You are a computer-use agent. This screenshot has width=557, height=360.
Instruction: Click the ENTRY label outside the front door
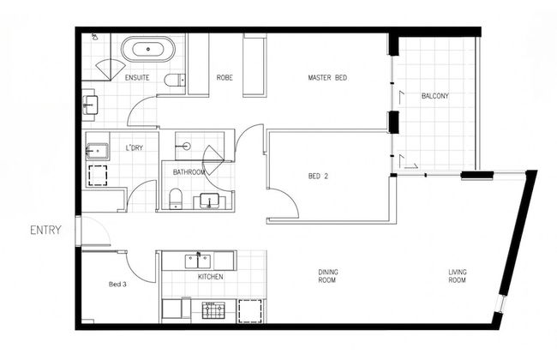tap(45, 231)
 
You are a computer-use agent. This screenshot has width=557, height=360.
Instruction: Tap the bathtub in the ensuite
tap(148, 49)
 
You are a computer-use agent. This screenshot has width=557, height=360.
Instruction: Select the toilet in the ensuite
tap(175, 80)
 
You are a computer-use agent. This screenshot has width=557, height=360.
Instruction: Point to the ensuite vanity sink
tap(90, 105)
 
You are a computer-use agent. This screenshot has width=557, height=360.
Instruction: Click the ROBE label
tap(225, 77)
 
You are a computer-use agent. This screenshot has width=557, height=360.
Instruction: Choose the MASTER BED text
tap(327, 77)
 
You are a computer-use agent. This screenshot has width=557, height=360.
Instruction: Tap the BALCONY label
tap(435, 96)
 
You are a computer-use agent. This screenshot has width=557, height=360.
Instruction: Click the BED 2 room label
tap(318, 176)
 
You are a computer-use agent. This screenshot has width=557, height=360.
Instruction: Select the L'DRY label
tap(135, 147)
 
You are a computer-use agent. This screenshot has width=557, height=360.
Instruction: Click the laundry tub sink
tap(97, 152)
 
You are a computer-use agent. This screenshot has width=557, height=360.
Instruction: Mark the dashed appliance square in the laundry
tap(98, 175)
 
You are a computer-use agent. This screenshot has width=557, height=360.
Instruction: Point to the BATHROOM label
tap(189, 172)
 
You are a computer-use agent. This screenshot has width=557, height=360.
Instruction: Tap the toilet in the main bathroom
tap(175, 198)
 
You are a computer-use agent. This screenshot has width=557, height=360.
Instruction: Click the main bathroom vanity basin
tap(209, 201)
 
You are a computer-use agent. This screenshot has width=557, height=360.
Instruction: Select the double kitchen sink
tap(197, 261)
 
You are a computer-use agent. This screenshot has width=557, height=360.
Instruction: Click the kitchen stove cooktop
tap(213, 310)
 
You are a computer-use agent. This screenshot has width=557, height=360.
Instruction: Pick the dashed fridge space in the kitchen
tap(250, 311)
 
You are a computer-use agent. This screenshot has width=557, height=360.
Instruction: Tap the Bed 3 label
tap(117, 285)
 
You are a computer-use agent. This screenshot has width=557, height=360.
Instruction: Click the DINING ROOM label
tap(328, 276)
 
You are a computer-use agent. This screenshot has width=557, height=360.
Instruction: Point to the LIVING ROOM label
tap(458, 276)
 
